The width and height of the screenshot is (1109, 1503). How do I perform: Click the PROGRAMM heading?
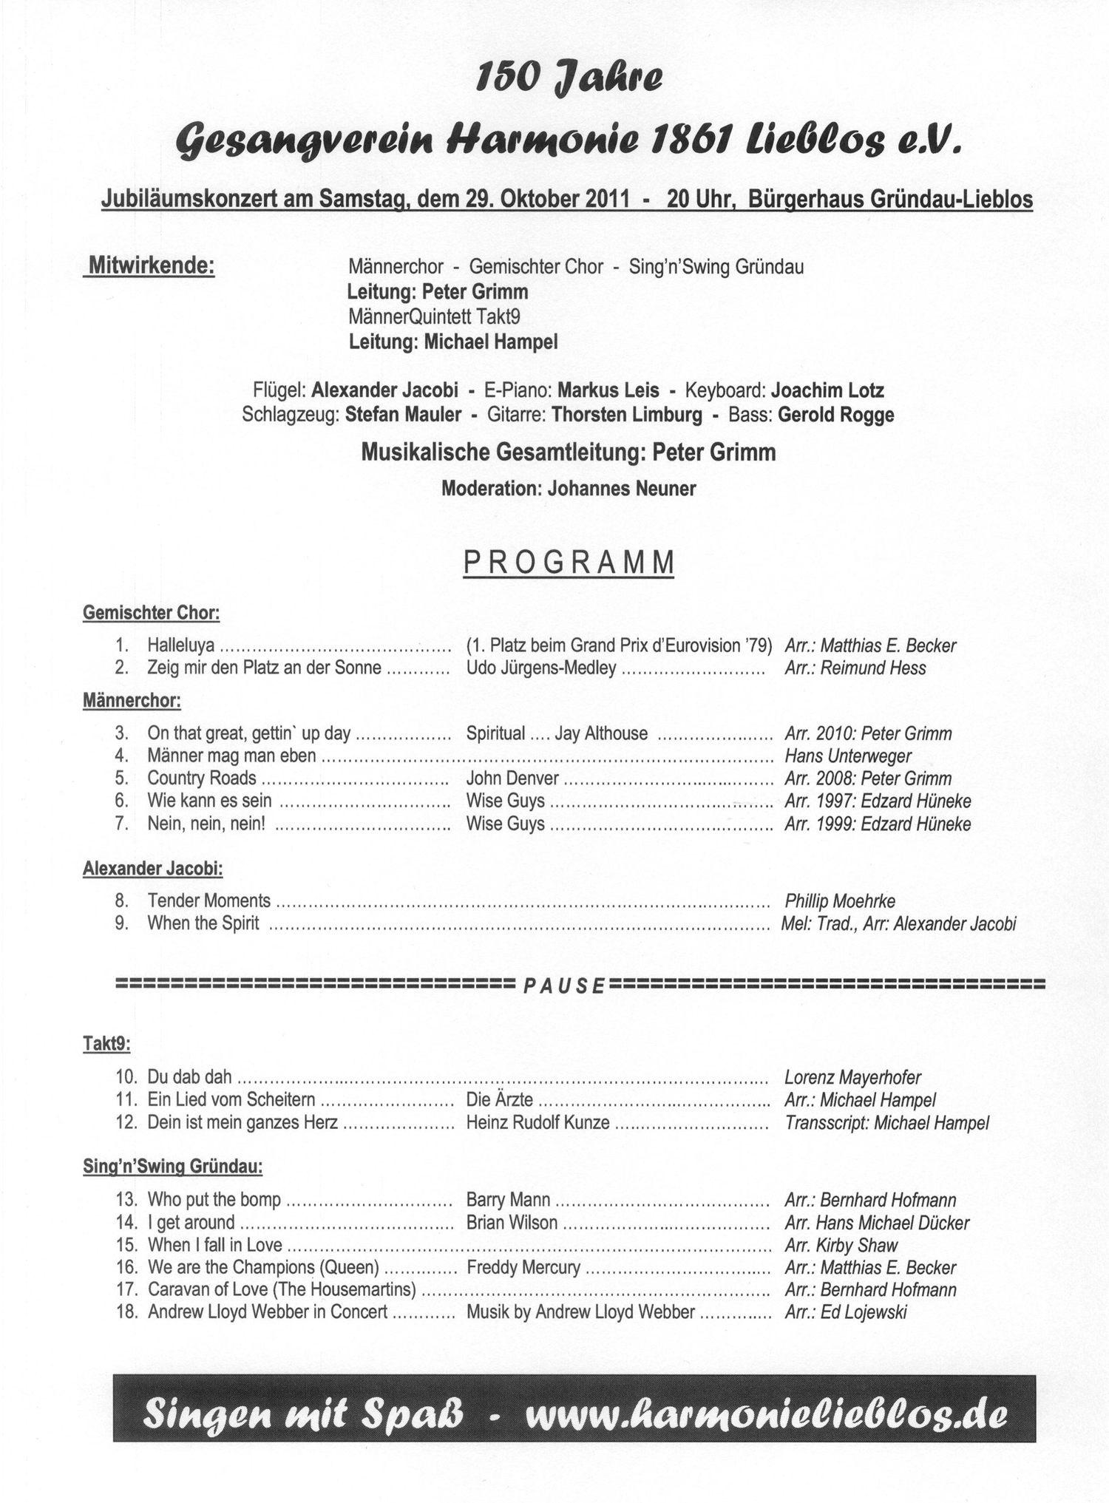point(569,563)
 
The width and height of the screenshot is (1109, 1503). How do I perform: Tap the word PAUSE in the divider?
point(564,985)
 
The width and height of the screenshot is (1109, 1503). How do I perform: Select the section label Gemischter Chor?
point(151,612)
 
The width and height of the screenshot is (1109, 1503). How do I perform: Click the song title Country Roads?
point(202,778)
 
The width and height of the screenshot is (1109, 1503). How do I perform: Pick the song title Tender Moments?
point(209,900)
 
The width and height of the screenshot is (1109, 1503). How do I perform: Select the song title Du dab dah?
point(190,1077)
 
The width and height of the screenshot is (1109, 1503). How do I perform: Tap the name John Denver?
point(512,778)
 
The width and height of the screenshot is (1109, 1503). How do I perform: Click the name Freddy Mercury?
point(523,1267)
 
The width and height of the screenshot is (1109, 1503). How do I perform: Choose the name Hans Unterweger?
point(848,756)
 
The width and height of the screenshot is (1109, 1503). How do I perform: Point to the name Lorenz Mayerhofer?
point(852,1077)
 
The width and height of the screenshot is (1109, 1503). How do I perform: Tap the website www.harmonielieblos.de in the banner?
point(765,1415)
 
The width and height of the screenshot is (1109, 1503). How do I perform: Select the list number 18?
point(127,1312)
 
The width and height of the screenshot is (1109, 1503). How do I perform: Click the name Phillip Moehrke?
point(840,900)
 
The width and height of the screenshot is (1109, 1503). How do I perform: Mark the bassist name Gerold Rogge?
point(836,415)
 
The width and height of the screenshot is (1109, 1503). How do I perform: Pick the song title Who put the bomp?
point(214,1199)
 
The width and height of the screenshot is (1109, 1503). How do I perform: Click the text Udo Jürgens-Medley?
point(541,668)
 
